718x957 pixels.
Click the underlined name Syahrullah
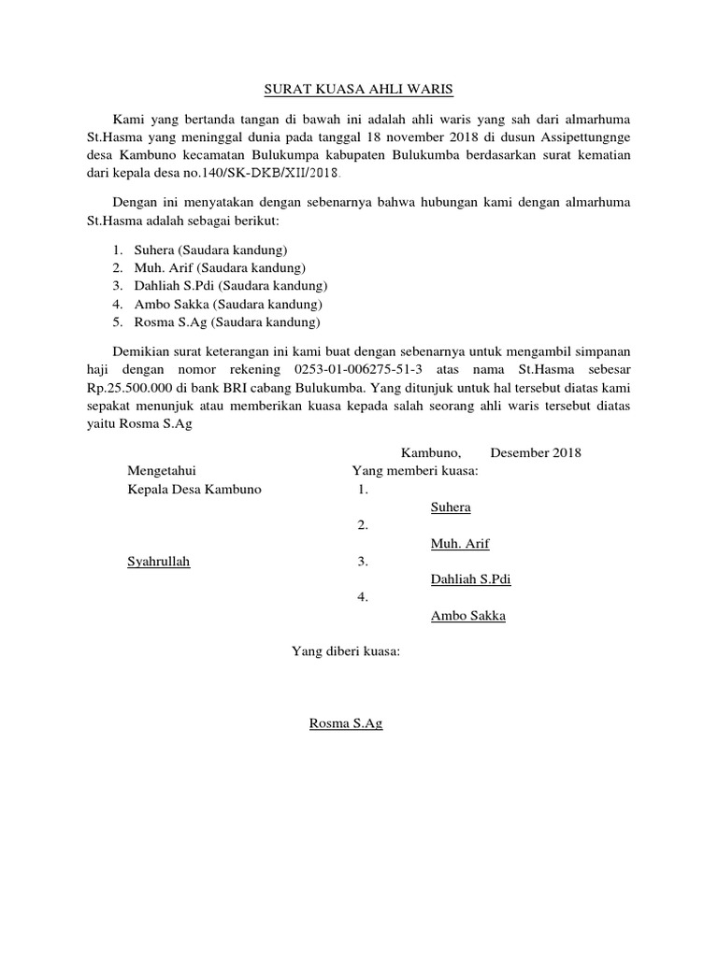[158, 562]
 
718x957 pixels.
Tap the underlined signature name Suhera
[450, 507]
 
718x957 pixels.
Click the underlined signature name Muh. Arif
[459, 543]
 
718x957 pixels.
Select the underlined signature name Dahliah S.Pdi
[470, 579]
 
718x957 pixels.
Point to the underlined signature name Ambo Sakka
[467, 616]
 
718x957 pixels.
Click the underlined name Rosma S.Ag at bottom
[345, 723]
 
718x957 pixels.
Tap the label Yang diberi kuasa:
[345, 651]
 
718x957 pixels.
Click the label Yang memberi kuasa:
[414, 470]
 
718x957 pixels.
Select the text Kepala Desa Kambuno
[194, 489]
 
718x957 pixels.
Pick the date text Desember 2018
[535, 452]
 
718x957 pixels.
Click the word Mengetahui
[162, 470]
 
